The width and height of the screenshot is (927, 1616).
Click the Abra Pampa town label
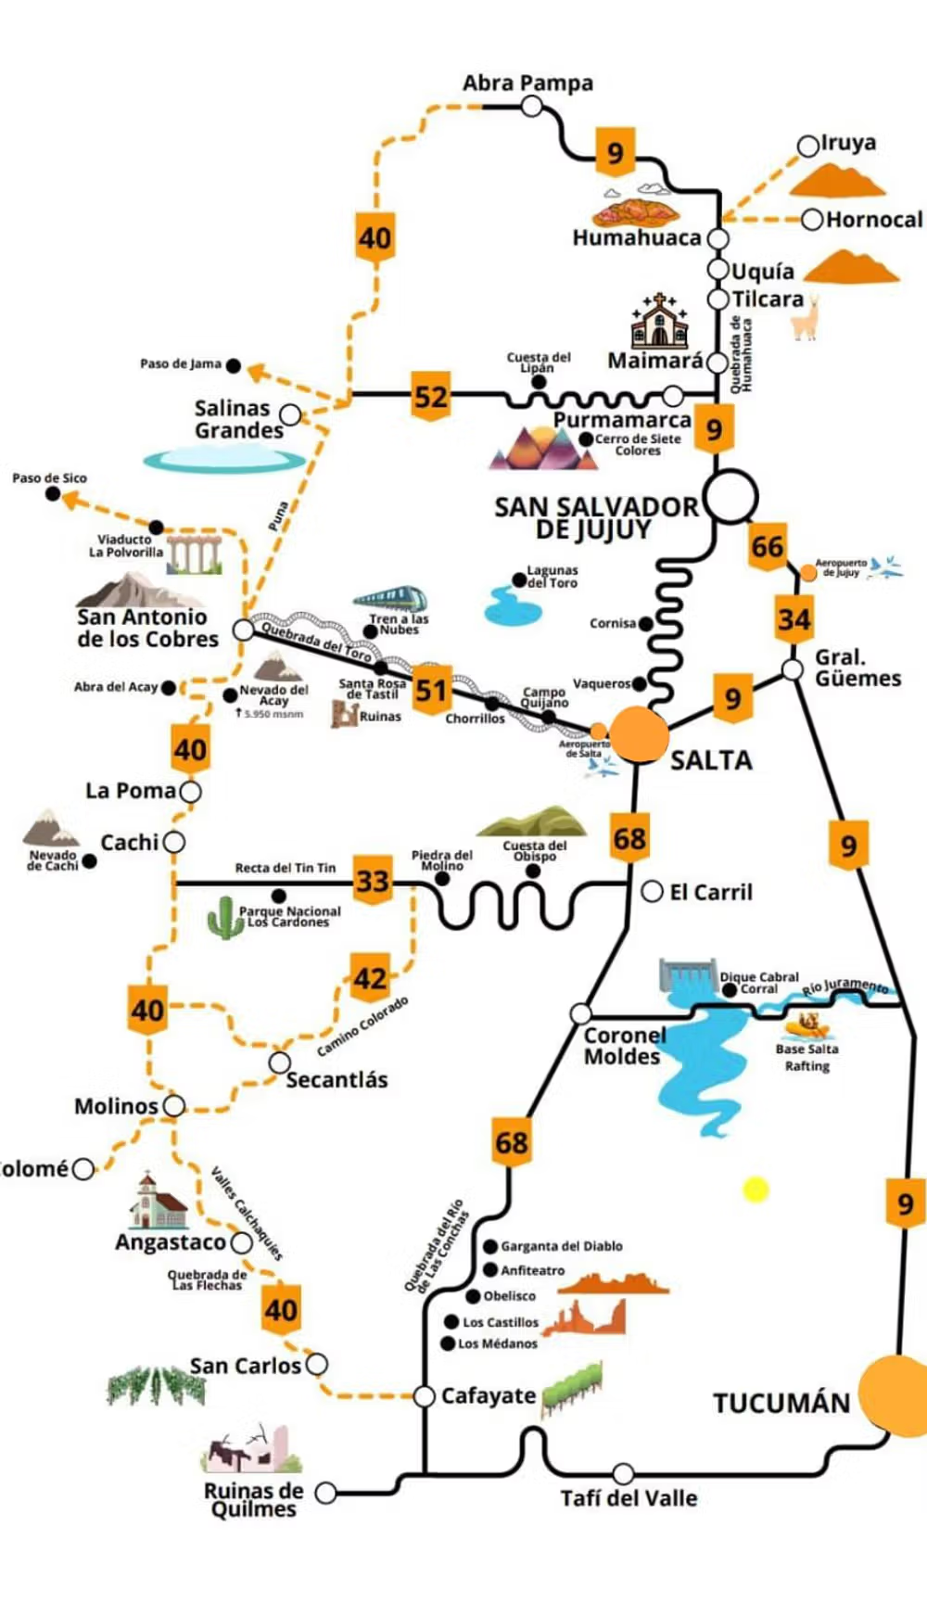point(527,83)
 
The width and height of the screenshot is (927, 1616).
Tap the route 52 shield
point(431,398)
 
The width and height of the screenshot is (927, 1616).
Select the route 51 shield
point(431,690)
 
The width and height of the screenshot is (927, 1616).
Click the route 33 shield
point(373,880)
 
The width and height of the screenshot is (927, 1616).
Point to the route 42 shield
point(370,978)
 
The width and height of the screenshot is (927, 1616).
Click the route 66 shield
point(767,546)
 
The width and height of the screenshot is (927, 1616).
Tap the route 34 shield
point(794,619)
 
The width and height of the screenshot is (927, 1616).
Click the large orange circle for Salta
point(639,734)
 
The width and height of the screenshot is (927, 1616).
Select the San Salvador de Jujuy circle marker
point(731,496)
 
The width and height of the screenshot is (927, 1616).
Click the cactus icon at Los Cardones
point(223,918)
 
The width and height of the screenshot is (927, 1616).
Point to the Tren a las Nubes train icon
point(390,599)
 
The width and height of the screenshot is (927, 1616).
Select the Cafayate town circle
point(424,1396)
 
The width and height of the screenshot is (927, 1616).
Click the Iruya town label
point(848,143)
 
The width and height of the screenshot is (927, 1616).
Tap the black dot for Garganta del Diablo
point(490,1246)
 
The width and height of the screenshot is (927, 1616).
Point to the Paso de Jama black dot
point(234,366)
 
